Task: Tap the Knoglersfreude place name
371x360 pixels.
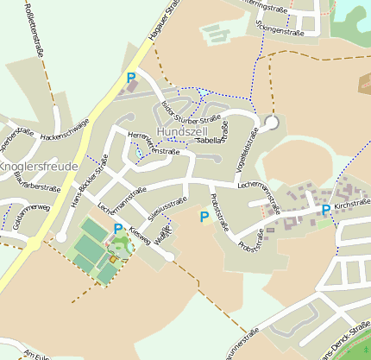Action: (39, 166)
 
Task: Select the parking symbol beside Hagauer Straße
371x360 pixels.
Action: (131, 79)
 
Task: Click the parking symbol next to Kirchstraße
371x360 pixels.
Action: (325, 210)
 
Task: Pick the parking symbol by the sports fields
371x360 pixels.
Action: (118, 229)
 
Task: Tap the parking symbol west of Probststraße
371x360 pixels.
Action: (204, 217)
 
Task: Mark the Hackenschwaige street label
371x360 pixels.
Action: (65, 129)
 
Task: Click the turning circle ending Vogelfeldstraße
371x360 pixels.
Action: (272, 123)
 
